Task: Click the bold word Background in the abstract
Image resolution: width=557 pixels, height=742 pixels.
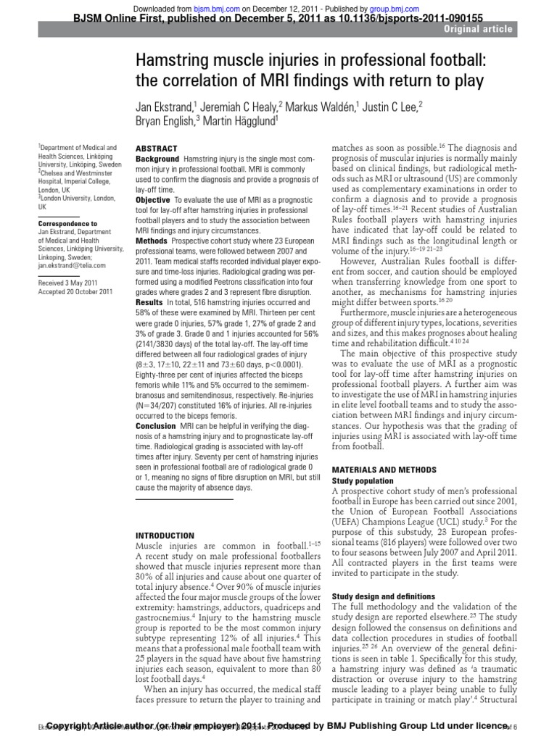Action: click(x=157, y=159)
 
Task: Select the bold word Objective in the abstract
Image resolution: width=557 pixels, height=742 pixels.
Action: click(x=154, y=199)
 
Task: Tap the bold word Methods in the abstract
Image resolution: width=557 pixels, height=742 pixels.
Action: click(x=152, y=240)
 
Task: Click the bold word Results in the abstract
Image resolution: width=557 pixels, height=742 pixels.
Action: click(x=150, y=301)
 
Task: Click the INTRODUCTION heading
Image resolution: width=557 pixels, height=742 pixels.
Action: click(x=165, y=535)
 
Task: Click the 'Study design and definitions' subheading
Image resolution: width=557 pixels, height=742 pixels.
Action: click(x=384, y=597)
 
